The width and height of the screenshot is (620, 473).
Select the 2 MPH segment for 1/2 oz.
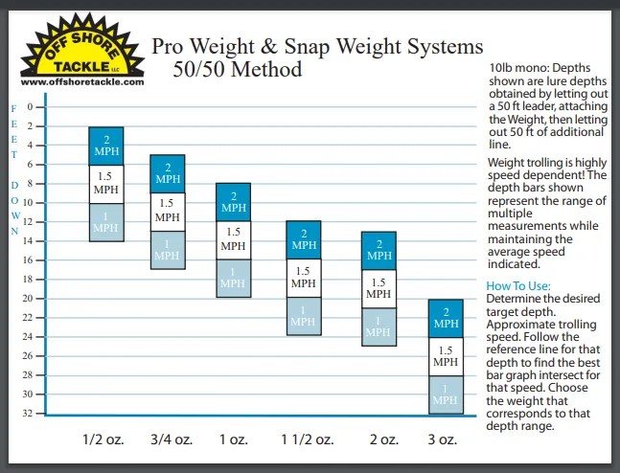pyautogui.click(x=106, y=146)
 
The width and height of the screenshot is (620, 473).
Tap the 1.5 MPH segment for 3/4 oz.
pyautogui.click(x=167, y=209)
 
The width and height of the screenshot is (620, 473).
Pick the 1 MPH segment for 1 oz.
pyautogui.click(x=233, y=278)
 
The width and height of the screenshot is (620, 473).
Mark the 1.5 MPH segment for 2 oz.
pyautogui.click(x=379, y=288)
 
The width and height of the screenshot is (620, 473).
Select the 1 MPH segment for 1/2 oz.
pyautogui.click(x=106, y=222)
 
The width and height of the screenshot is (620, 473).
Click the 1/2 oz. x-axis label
pyautogui.click(x=105, y=441)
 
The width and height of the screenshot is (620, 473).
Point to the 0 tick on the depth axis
pyautogui.click(x=30, y=107)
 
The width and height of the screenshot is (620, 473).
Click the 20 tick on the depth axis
pyautogui.click(x=30, y=299)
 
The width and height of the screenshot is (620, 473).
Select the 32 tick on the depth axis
pyautogui.click(x=30, y=414)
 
